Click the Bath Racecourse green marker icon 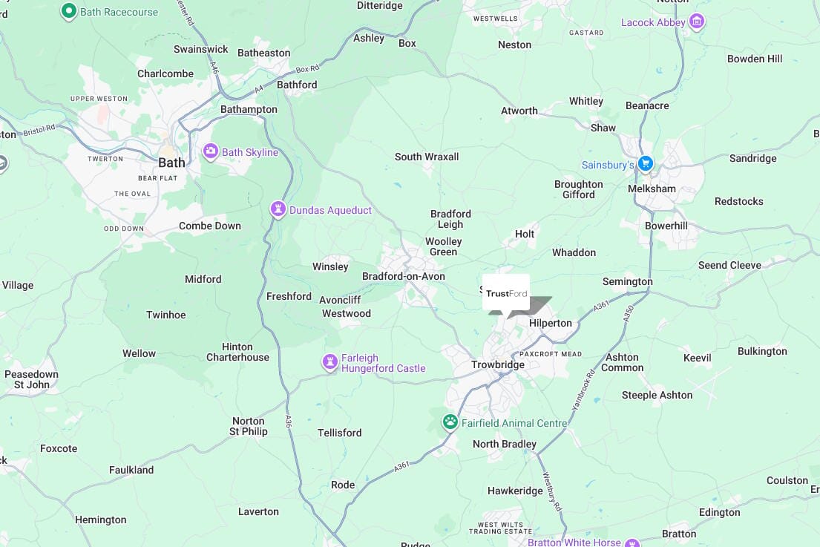[69, 11]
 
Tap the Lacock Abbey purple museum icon [696, 22]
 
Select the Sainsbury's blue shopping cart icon [646, 163]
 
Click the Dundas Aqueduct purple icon [278, 209]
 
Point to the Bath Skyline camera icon [211, 152]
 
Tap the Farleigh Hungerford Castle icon [330, 361]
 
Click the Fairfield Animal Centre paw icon [450, 422]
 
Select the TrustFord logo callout [506, 293]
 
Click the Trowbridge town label [498, 365]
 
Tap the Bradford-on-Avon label [403, 276]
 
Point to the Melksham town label [652, 189]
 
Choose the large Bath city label [171, 162]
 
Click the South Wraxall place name [427, 157]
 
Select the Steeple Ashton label [657, 395]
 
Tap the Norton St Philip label [249, 426]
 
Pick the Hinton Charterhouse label [237, 352]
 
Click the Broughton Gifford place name [578, 189]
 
